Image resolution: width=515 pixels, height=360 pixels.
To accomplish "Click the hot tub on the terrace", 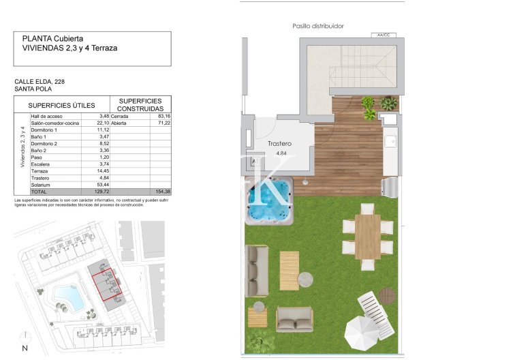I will click(269, 201).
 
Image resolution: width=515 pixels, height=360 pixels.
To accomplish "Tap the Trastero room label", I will click(279, 144).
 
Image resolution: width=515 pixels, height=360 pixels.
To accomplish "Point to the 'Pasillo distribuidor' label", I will click(318, 26).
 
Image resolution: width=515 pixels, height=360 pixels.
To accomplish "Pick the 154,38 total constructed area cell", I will click(162, 192).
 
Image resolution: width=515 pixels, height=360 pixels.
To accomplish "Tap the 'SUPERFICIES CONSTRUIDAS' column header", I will click(140, 104).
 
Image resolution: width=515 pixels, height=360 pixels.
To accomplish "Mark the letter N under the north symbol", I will click(25, 349).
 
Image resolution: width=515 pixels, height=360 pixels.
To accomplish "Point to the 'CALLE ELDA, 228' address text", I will click(40, 82).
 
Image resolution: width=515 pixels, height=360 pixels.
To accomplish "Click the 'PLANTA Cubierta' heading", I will click(54, 39).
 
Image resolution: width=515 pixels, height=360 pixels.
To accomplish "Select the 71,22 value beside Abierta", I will click(162, 123).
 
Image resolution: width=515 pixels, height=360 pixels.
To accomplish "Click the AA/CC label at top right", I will click(382, 34).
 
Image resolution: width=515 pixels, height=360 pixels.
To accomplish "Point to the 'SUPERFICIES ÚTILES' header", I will click(61, 105).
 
